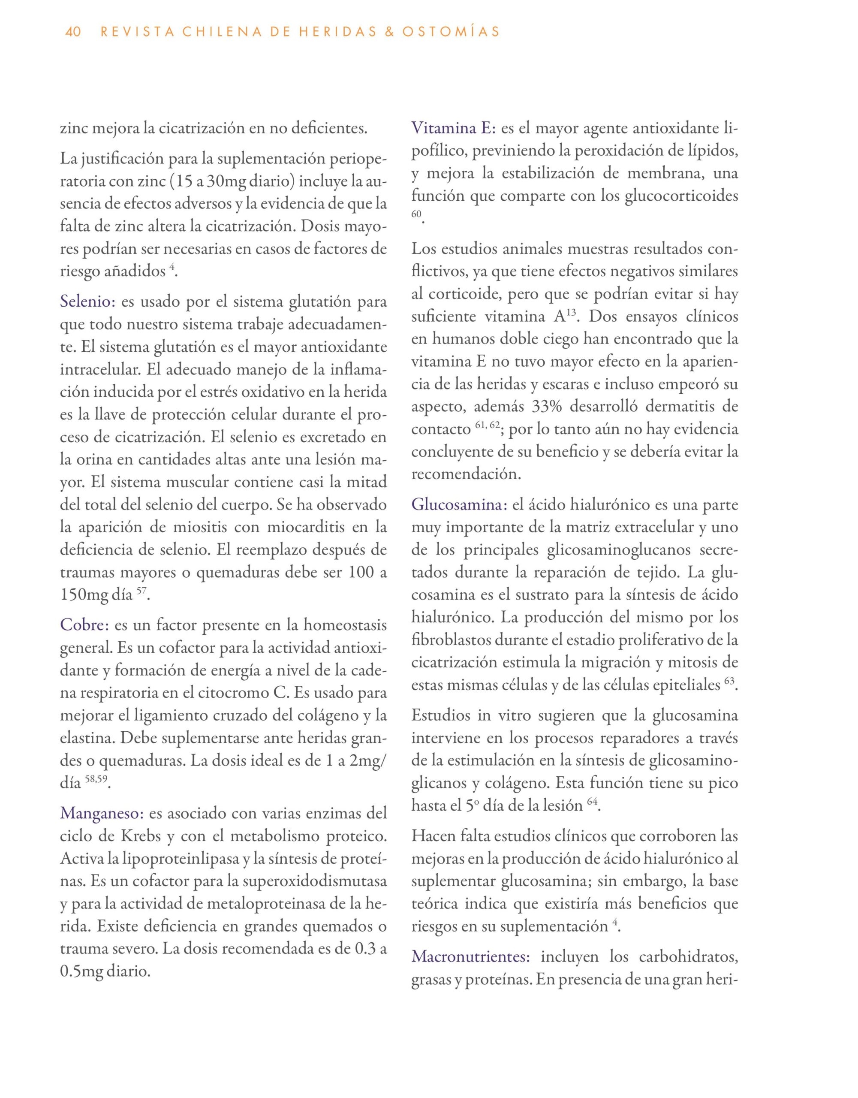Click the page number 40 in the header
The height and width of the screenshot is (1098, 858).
73,32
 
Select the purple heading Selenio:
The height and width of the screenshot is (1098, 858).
88,303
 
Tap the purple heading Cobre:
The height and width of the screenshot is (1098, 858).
84,625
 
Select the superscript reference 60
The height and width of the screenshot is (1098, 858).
416,214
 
